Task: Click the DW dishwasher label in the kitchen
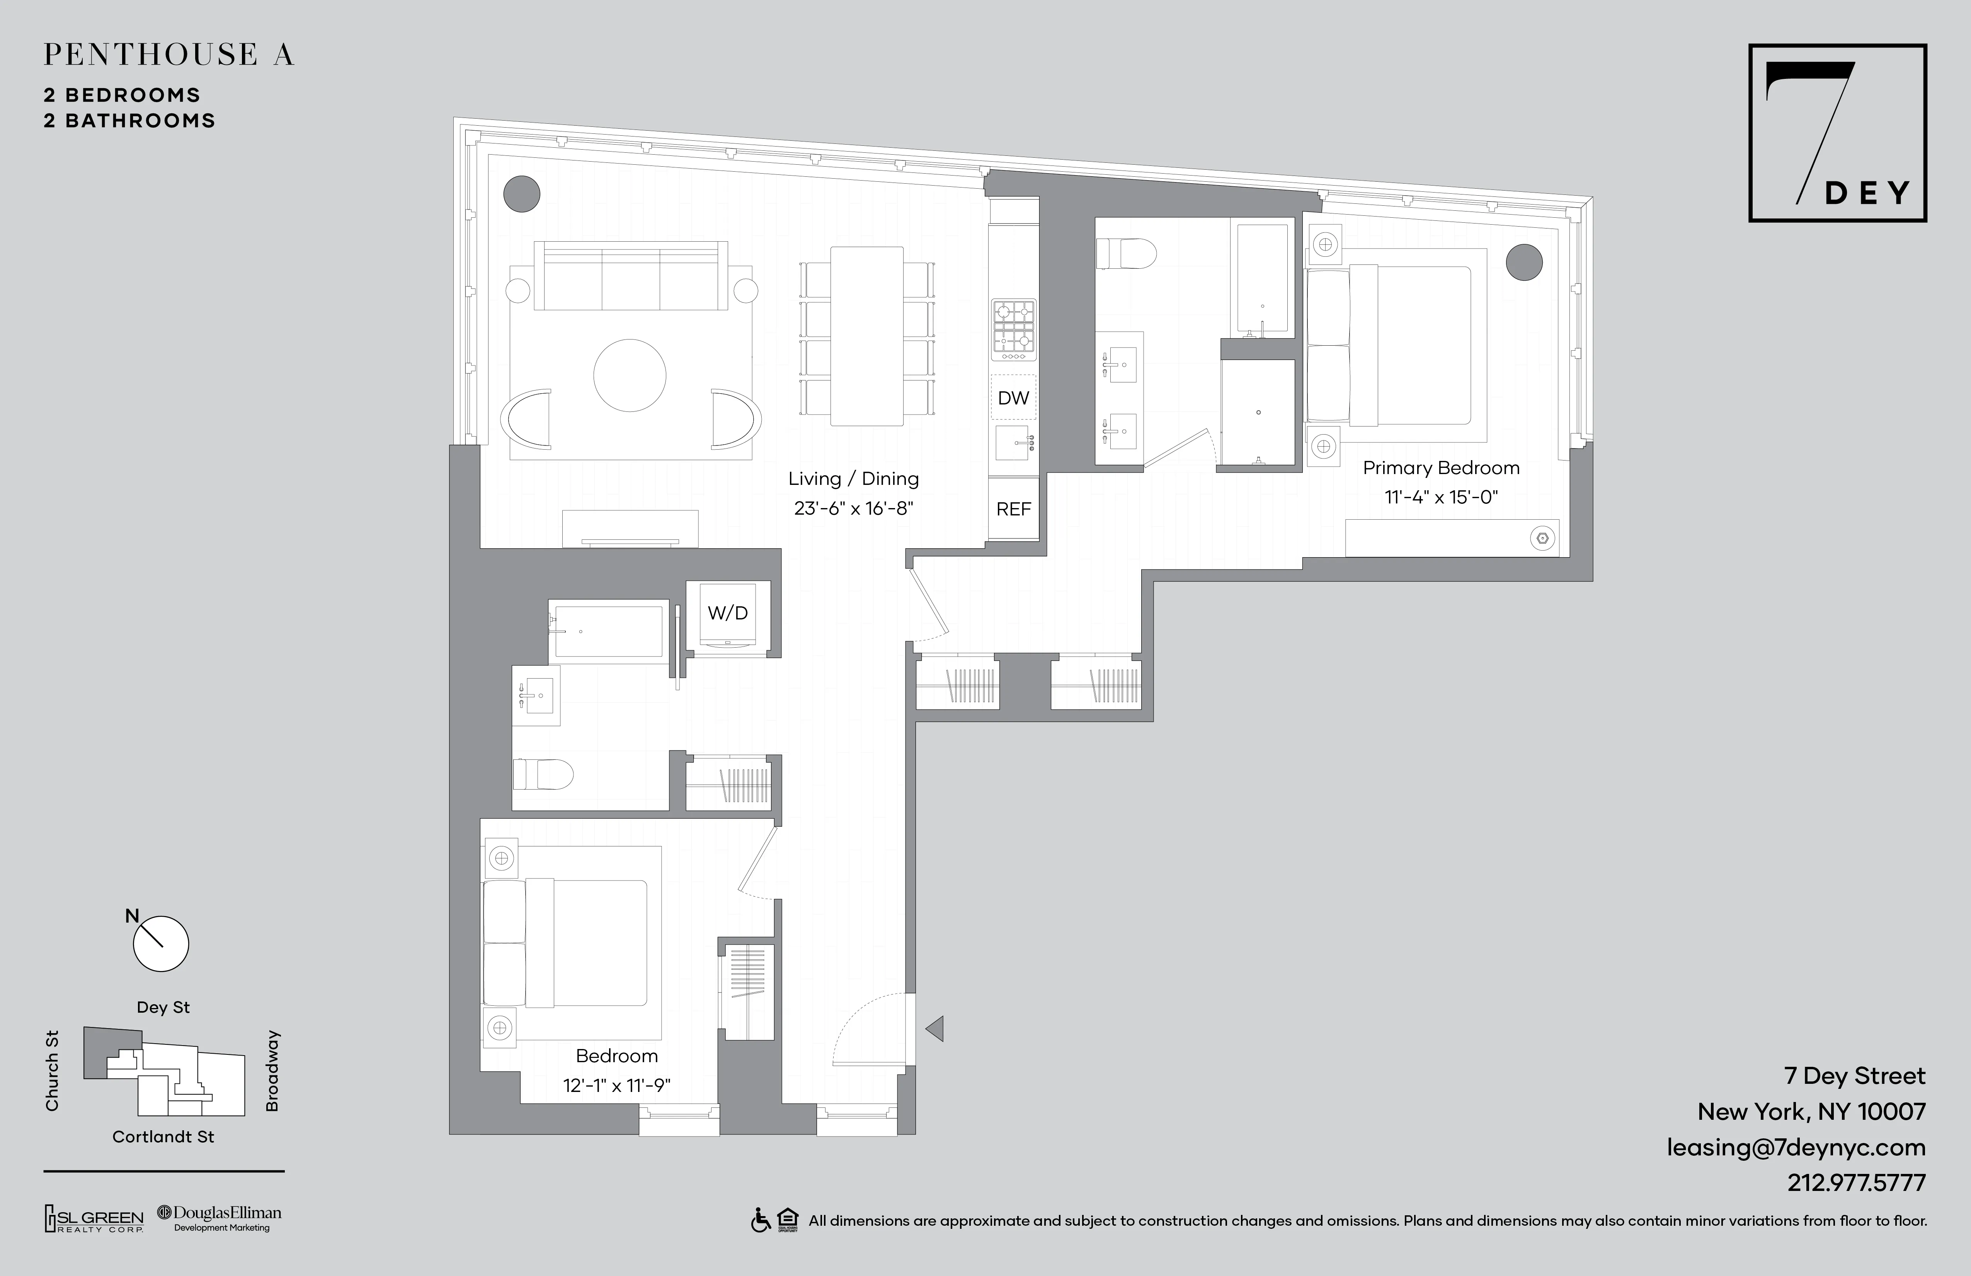(x=1013, y=399)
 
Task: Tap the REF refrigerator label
(x=1013, y=509)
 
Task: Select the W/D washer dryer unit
(x=728, y=617)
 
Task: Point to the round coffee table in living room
(x=630, y=375)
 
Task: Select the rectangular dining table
(x=866, y=336)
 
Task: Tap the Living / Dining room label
(x=853, y=479)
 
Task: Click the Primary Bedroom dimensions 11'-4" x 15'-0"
(x=1441, y=497)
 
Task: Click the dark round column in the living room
(x=522, y=194)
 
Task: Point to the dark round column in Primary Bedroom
(x=1524, y=263)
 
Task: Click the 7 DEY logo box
(x=1837, y=133)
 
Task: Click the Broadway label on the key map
(x=272, y=1071)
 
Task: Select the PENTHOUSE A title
(x=169, y=55)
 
